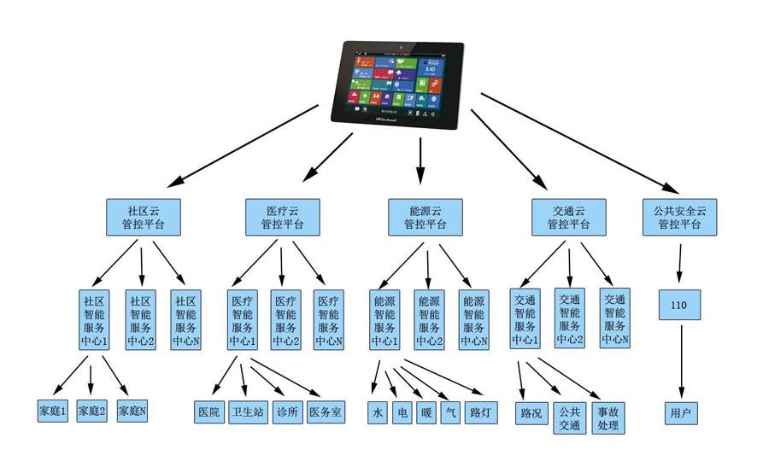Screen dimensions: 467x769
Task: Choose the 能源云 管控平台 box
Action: pyautogui.click(x=425, y=218)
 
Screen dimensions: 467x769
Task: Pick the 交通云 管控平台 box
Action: pyautogui.click(x=567, y=218)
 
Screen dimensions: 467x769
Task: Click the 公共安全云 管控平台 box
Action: pyautogui.click(x=680, y=218)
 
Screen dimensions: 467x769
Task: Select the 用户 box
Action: pyautogui.click(x=681, y=412)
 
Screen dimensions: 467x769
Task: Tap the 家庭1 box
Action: pyautogui.click(x=54, y=412)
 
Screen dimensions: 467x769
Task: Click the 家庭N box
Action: pyautogui.click(x=132, y=412)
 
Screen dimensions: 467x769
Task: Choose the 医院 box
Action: pyautogui.click(x=208, y=412)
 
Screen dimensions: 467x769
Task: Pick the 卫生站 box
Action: pyautogui.click(x=246, y=412)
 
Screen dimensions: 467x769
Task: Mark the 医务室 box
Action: pyautogui.click(x=326, y=412)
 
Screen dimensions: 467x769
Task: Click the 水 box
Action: pyautogui.click(x=378, y=412)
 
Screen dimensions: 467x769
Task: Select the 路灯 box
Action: pyautogui.click(x=480, y=412)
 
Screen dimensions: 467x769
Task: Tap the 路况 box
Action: pyautogui.click(x=531, y=412)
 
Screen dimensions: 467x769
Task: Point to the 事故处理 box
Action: pyautogui.click(x=608, y=418)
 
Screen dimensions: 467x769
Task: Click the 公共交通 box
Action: pyautogui.click(x=569, y=418)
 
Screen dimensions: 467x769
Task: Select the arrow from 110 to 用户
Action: pyautogui.click(x=681, y=359)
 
